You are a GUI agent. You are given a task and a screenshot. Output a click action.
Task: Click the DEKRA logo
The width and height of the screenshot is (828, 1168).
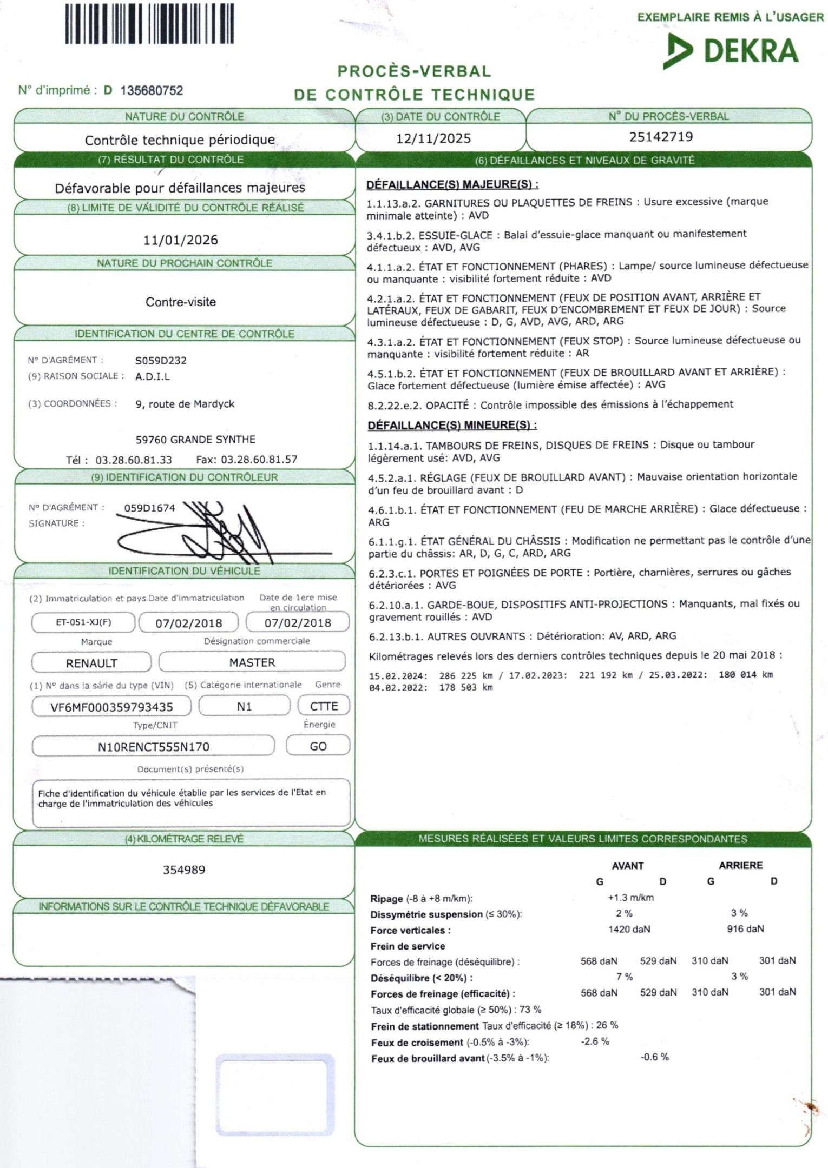click(x=731, y=51)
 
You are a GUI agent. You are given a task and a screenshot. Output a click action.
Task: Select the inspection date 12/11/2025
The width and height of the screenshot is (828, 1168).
click(x=433, y=138)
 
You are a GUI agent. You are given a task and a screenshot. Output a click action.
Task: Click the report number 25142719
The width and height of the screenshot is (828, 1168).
click(x=661, y=136)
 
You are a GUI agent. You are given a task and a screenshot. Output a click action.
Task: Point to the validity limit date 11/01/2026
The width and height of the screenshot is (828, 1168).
click(x=181, y=240)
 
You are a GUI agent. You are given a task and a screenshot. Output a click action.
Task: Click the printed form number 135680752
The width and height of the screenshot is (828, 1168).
click(x=152, y=90)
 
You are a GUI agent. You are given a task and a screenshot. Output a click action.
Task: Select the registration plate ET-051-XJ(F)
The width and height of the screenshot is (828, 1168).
click(x=83, y=622)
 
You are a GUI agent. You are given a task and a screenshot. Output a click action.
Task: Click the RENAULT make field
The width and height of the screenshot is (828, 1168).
click(x=91, y=663)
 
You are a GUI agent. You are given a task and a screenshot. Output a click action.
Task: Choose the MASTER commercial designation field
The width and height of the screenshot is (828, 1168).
click(x=252, y=662)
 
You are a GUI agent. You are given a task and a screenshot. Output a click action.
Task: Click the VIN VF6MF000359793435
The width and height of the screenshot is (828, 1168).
click(x=111, y=707)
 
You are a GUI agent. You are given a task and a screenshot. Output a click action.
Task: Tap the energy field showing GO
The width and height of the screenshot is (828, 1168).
click(x=318, y=746)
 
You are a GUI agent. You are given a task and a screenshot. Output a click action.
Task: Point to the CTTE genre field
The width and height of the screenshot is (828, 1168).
click(x=324, y=706)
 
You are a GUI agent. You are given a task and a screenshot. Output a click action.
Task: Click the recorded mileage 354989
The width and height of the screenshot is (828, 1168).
click(x=184, y=870)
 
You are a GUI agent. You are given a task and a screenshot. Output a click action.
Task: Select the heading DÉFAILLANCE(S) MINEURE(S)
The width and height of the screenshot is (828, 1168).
click(x=452, y=425)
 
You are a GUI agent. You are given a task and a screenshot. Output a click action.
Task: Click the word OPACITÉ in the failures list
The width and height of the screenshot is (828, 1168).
click(x=447, y=405)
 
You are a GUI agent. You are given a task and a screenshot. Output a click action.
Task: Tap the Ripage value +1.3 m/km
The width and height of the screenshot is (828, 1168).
click(x=630, y=898)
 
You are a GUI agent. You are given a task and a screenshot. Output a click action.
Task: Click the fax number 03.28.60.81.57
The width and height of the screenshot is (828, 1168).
click(x=259, y=460)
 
